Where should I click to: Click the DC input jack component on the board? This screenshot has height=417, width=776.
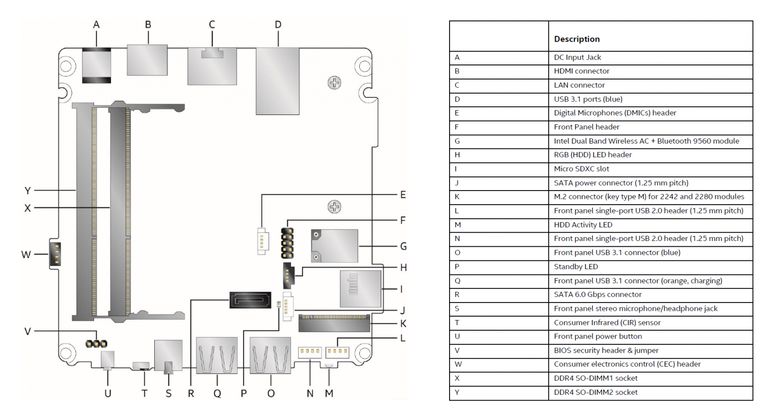(x=97, y=65)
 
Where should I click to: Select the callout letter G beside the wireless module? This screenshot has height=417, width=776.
(x=403, y=246)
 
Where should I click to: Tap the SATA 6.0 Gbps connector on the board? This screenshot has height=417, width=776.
(x=250, y=300)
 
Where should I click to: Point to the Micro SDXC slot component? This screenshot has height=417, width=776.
(x=360, y=289)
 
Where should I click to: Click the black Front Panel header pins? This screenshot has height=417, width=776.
(x=287, y=243)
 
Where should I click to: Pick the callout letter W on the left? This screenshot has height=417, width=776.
(x=26, y=255)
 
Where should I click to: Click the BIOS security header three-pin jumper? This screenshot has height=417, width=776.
(x=97, y=344)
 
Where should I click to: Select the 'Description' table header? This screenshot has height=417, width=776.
(x=577, y=39)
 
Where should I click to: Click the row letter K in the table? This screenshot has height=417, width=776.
(x=457, y=197)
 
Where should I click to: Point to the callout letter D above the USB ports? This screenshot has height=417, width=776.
(x=278, y=25)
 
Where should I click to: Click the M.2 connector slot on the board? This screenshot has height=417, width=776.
(x=334, y=323)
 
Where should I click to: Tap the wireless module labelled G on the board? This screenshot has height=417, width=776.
(x=334, y=246)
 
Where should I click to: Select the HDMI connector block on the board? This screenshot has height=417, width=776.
(x=147, y=60)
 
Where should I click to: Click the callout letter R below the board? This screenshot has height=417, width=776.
(x=191, y=393)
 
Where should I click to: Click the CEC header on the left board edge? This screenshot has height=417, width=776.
(x=55, y=254)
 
